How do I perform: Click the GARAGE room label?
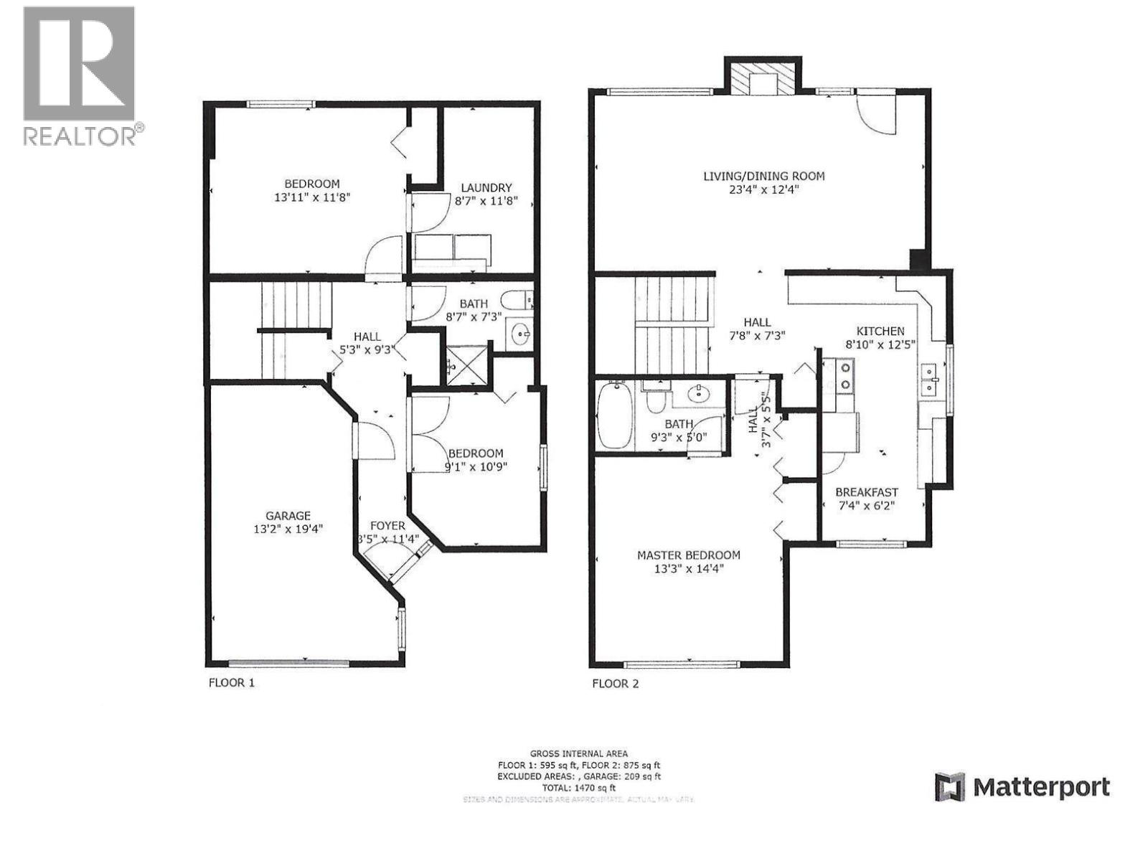point(288,515)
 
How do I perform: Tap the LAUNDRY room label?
point(486,187)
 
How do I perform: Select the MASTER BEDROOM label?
point(689,555)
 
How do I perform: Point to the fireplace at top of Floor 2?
point(763,77)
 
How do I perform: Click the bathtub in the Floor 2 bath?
point(615,417)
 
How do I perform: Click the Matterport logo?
point(1022,787)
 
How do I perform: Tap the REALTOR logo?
point(80,75)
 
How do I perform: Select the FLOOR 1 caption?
point(231,682)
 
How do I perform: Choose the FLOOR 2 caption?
point(615,683)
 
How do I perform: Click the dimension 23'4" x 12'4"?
point(763,190)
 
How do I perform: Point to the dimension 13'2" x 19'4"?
point(288,529)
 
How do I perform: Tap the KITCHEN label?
point(880,331)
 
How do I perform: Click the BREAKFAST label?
point(866,492)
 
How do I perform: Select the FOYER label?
point(387,526)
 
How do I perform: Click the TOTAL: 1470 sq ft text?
point(579,787)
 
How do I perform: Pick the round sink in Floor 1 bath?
point(520,334)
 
